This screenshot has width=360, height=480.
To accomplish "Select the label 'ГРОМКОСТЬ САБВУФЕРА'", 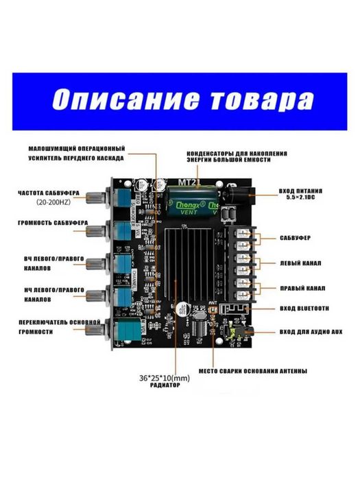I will click(52, 224).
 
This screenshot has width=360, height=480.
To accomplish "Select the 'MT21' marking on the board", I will click(188, 182).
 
